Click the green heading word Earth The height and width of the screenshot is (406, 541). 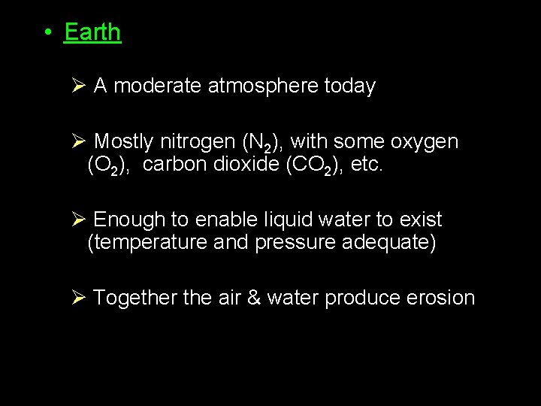[x=92, y=32]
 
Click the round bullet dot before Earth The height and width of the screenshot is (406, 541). [x=47, y=32]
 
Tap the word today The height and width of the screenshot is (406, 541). [x=349, y=86]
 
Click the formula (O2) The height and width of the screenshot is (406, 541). [x=108, y=165]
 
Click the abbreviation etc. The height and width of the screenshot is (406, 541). [x=367, y=165]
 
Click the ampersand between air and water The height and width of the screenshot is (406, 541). [x=253, y=298]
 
